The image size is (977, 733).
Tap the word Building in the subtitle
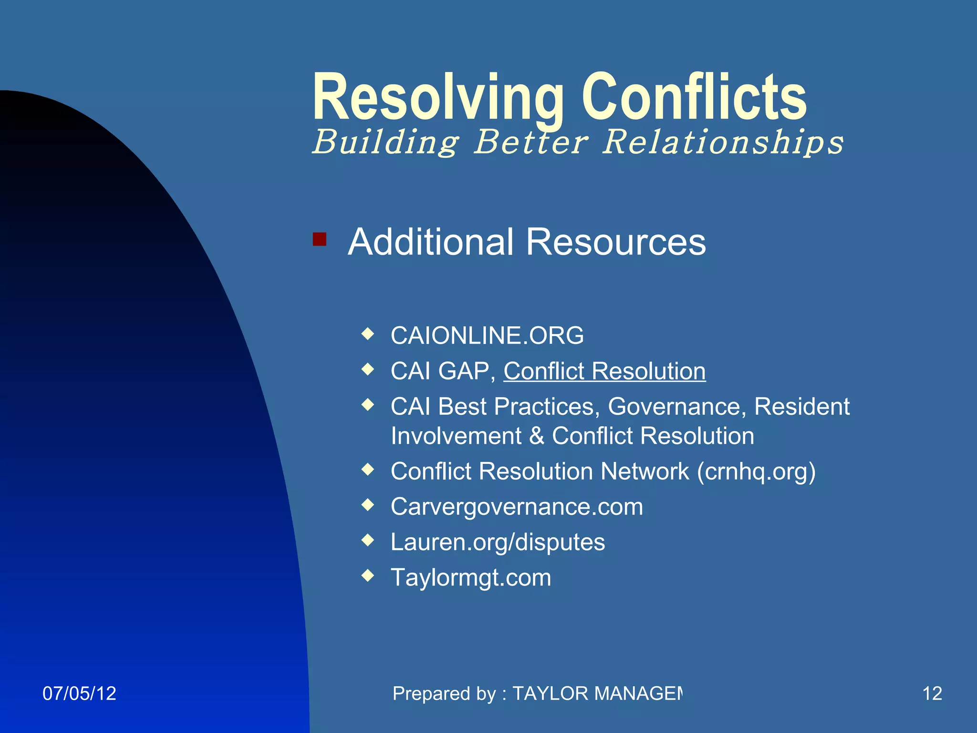(385, 142)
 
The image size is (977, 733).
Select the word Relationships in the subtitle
(722, 142)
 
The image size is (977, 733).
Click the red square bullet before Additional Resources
(319, 239)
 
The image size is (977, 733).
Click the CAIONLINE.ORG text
(487, 335)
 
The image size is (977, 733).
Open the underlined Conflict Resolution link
(604, 371)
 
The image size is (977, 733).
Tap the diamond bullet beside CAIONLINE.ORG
(367, 334)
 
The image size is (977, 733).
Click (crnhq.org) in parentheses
(756, 471)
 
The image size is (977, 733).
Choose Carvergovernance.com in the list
(516, 507)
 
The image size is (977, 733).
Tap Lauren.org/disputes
(497, 542)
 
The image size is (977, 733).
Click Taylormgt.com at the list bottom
(470, 577)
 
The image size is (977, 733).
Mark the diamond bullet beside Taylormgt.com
(367, 576)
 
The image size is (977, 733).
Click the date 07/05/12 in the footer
(79, 693)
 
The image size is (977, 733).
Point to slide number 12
(932, 693)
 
